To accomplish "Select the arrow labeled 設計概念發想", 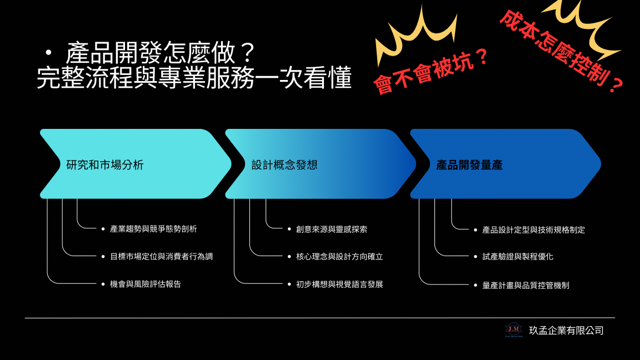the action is pyautogui.click(x=321, y=164).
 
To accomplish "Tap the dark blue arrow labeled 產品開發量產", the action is pyautogui.click(x=506, y=164).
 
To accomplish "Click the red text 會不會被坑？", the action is pyautogui.click(x=431, y=71).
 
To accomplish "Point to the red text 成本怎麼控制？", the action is pyautogui.click(x=562, y=51).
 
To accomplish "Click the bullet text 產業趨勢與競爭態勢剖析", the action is pyautogui.click(x=153, y=229).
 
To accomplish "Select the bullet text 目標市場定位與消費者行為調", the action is pyautogui.click(x=161, y=257).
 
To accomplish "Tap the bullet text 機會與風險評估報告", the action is pyautogui.click(x=146, y=284).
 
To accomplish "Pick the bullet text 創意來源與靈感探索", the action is pyautogui.click(x=332, y=229).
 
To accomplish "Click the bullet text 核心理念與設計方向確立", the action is pyautogui.click(x=339, y=257).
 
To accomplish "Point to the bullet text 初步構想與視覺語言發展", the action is pyautogui.click(x=339, y=284).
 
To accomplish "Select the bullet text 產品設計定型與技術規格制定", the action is pyautogui.click(x=533, y=230).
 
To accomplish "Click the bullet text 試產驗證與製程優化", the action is pyautogui.click(x=518, y=257).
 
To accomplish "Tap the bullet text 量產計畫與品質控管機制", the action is pyautogui.click(x=526, y=286).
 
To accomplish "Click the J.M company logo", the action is pyautogui.click(x=513, y=330).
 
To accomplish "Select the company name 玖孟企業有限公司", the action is pyautogui.click(x=566, y=331).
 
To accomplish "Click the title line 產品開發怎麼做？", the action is pyautogui.click(x=161, y=53).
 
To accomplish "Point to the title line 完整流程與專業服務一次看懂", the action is pyautogui.click(x=194, y=77).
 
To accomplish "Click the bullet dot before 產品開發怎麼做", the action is pyautogui.click(x=49, y=53).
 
